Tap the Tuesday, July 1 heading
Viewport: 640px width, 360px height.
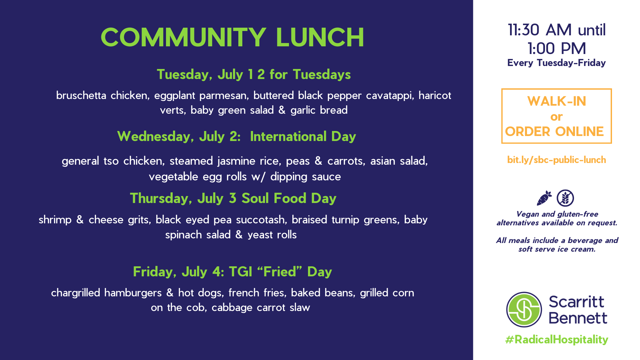(254, 74)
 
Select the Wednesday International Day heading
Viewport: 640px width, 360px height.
(237, 137)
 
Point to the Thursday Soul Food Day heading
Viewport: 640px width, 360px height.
(233, 198)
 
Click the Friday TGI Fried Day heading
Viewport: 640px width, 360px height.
(232, 272)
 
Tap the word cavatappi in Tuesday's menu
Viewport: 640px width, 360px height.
(390, 96)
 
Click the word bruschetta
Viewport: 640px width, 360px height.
(81, 95)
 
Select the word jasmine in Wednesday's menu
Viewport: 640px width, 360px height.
(236, 161)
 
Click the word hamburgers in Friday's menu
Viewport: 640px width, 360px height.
(133, 293)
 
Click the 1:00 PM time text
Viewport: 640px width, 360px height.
(557, 49)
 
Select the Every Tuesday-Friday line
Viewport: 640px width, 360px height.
(556, 63)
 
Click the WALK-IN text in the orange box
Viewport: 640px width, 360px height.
(556, 101)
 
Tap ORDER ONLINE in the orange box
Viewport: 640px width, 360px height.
(554, 132)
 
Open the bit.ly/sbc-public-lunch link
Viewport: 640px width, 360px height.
(556, 160)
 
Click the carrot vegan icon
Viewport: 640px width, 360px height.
(544, 198)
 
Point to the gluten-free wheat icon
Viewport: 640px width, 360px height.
(565, 198)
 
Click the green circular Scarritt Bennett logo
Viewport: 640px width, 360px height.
(524, 310)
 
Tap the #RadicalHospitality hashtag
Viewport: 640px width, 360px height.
(557, 340)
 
